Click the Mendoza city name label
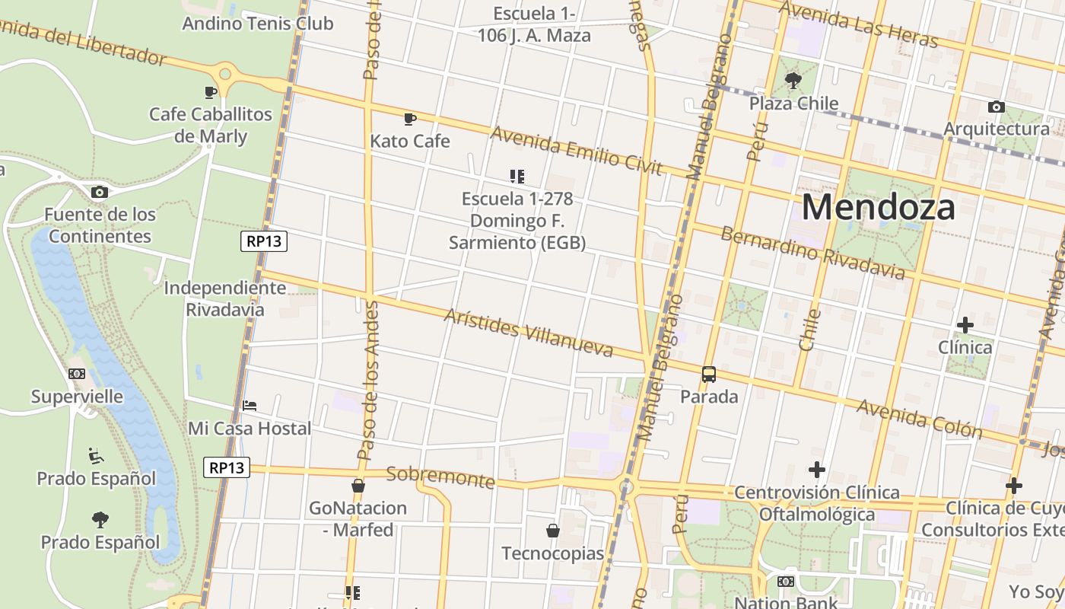(x=878, y=207)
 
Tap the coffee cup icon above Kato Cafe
(x=409, y=119)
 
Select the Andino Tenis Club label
(x=257, y=24)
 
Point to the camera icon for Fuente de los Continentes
(x=99, y=192)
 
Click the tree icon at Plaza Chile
(x=793, y=80)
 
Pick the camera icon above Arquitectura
(x=996, y=107)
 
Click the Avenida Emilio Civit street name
(x=576, y=150)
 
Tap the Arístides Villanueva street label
(x=528, y=333)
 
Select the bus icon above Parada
(x=709, y=374)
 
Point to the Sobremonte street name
(x=440, y=477)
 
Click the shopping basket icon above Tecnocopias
(x=553, y=531)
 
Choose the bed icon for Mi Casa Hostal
(x=250, y=406)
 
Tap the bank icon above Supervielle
(x=77, y=374)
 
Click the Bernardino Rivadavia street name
(x=812, y=253)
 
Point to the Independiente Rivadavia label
(x=225, y=298)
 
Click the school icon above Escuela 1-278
(x=517, y=177)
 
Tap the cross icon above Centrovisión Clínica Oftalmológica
(x=817, y=470)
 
